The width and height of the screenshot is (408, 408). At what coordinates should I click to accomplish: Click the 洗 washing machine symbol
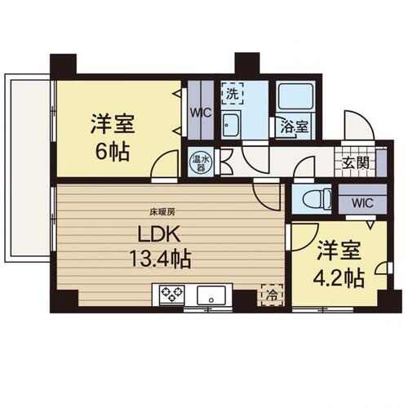click(x=232, y=93)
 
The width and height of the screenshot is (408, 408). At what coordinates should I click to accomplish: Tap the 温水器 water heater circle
click(x=201, y=163)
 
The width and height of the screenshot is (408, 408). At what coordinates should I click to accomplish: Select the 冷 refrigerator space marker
click(x=273, y=295)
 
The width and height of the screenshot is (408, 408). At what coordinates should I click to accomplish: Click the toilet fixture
click(x=317, y=200)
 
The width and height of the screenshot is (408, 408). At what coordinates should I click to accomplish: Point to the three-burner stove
click(x=172, y=295)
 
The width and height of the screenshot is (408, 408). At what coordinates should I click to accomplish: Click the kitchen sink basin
click(x=211, y=295)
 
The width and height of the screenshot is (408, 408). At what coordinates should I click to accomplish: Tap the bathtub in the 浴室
click(x=295, y=96)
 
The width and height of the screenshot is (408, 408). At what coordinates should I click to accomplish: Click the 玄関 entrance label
click(x=355, y=163)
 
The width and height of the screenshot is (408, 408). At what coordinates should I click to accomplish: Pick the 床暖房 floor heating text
click(x=162, y=212)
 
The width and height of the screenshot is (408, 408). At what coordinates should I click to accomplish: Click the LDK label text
click(x=159, y=234)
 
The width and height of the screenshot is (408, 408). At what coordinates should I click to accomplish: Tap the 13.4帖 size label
click(x=160, y=259)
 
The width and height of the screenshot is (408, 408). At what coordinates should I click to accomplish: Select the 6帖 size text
click(x=112, y=152)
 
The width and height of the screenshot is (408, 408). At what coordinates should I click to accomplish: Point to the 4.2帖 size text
click(x=339, y=278)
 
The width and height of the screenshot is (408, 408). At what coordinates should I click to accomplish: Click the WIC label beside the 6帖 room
click(x=201, y=113)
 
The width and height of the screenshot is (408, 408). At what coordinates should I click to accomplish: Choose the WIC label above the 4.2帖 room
click(x=362, y=202)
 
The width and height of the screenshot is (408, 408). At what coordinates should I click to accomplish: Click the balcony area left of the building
click(x=27, y=168)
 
